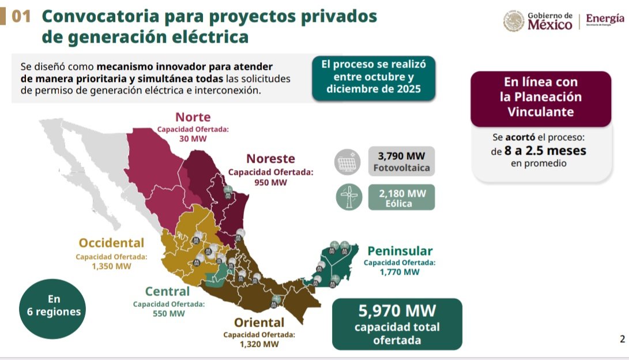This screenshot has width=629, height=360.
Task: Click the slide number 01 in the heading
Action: (21, 17)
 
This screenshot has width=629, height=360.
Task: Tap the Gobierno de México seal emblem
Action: (514, 21)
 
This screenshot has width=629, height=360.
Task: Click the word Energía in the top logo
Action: (605, 18)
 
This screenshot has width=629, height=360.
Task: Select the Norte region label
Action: (193, 117)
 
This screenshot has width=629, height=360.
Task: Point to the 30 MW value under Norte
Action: (193, 139)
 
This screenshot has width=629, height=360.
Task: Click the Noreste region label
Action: (271, 159)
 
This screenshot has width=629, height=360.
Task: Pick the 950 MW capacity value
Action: (271, 182)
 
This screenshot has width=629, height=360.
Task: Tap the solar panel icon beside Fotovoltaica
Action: (348, 162)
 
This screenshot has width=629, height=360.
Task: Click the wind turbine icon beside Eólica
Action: (349, 197)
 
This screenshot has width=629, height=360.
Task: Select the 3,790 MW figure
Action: (401, 156)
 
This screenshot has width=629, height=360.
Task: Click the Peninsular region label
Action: (400, 251)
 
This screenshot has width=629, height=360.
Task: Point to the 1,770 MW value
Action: (400, 272)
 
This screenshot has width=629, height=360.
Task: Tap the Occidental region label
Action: (111, 243)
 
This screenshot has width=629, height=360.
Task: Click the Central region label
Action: (167, 291)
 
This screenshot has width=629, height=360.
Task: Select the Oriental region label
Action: (259, 322)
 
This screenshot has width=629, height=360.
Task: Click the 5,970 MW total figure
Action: (397, 310)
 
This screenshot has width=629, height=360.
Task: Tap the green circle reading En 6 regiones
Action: (52, 309)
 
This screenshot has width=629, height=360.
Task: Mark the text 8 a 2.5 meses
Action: (545, 151)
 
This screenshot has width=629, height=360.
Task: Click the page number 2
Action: (622, 339)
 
